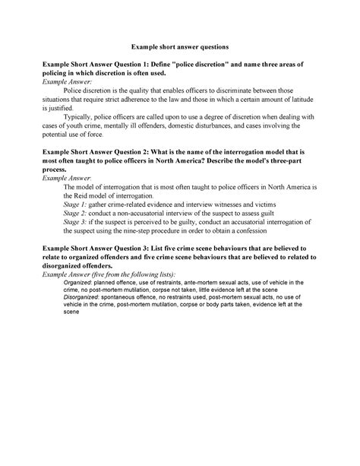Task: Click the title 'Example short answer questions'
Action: (x=179, y=47)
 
